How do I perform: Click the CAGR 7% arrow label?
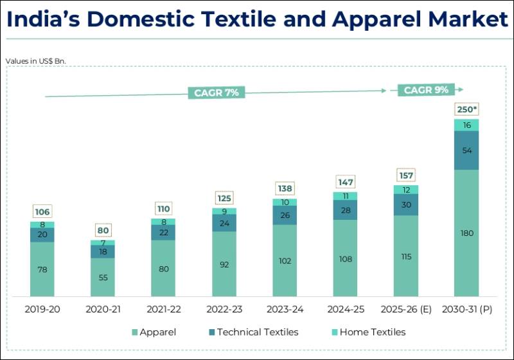click(217, 93)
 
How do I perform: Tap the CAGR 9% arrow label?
click(426, 90)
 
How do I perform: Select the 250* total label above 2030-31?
click(466, 109)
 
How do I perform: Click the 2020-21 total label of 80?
click(103, 230)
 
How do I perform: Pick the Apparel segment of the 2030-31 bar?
click(466, 233)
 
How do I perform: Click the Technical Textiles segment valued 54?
click(466, 150)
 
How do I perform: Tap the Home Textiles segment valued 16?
click(466, 125)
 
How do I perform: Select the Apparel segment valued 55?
click(103, 278)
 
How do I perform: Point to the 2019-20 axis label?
click(42, 309)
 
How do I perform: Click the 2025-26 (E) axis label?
click(406, 309)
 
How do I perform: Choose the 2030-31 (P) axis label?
click(467, 309)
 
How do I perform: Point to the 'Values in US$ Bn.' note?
click(36, 61)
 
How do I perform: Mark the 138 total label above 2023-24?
click(285, 188)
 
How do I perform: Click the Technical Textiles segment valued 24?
click(224, 223)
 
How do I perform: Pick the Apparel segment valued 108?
click(346, 258)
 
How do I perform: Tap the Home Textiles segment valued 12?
click(406, 190)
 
